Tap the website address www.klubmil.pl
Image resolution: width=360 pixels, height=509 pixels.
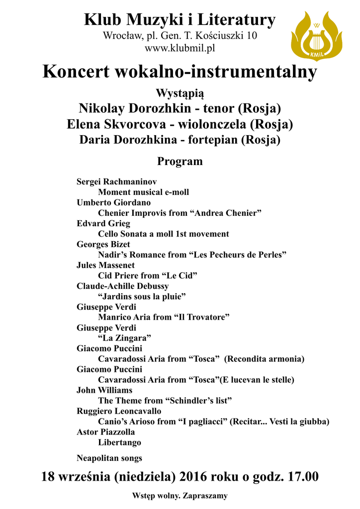(180, 48)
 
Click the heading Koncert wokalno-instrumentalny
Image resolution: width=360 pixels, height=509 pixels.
(180, 72)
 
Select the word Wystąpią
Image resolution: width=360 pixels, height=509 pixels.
(180, 93)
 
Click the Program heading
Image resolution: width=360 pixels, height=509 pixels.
(180, 162)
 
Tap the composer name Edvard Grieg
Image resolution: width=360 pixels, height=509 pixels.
(103, 223)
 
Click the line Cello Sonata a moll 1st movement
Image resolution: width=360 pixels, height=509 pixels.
(163, 234)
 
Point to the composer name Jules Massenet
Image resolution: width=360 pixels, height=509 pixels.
(105, 265)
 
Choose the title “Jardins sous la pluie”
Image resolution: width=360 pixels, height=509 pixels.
(142, 297)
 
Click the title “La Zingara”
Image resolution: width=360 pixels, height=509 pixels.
(124, 338)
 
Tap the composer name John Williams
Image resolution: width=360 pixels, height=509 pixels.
(104, 390)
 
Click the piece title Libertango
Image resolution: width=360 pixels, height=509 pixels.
(119, 442)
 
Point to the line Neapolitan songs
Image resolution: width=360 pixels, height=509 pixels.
(109, 458)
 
